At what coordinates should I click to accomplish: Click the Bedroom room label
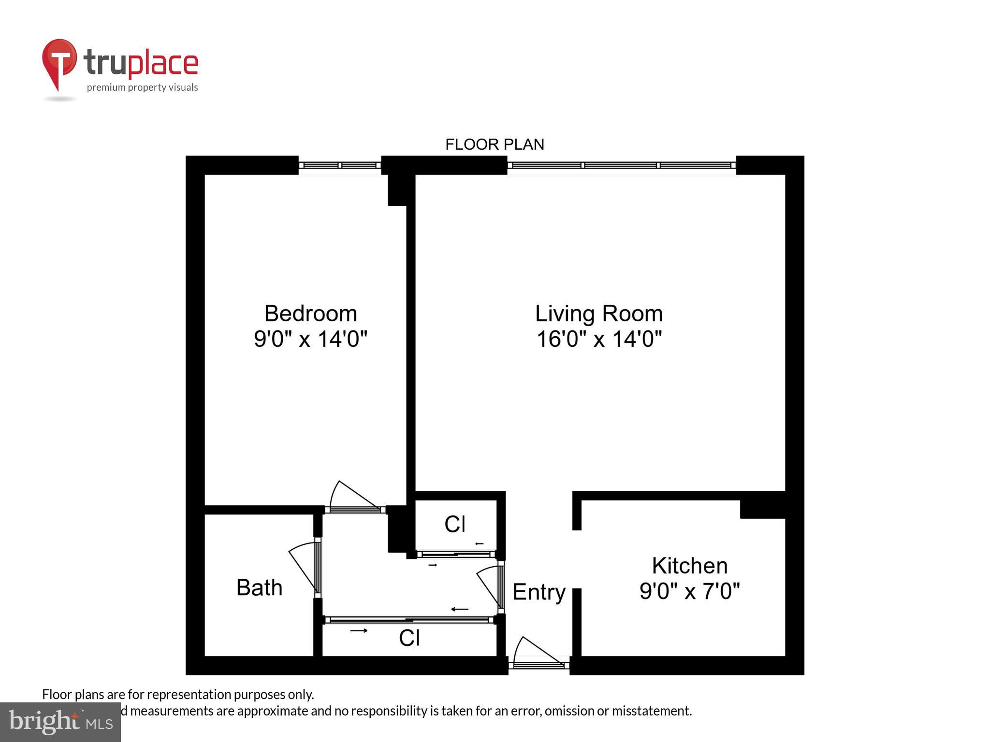point(310,314)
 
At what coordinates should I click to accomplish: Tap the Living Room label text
point(598,314)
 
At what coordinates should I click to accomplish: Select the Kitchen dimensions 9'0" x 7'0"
point(689,590)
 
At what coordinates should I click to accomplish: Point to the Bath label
point(259,587)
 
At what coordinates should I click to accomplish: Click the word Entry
point(539,592)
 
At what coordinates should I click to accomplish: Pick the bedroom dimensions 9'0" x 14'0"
point(310,339)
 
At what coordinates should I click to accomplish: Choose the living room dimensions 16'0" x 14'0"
point(598,339)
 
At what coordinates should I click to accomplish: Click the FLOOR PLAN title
point(495,144)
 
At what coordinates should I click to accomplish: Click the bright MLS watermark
point(60,722)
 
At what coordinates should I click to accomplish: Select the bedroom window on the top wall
point(339,165)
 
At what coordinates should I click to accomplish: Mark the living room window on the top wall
point(621,165)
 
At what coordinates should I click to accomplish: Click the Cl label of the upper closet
point(455,524)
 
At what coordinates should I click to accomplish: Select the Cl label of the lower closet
point(409,638)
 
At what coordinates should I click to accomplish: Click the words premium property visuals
point(142,87)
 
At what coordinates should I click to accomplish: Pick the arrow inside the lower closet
point(359,630)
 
